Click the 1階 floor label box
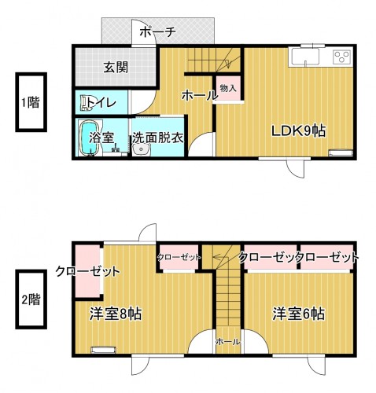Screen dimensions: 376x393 [31, 102]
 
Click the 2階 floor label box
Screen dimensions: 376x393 [31, 299]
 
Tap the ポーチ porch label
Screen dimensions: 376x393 [157, 32]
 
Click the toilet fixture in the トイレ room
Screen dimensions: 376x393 [86, 103]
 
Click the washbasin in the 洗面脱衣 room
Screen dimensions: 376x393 [141, 150]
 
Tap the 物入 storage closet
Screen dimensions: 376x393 [228, 88]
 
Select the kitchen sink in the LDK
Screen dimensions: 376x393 [304, 57]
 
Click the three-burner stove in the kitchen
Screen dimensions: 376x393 [342, 57]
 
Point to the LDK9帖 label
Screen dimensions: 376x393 [298, 130]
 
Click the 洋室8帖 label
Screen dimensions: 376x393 [116, 314]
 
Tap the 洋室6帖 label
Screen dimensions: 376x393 [298, 314]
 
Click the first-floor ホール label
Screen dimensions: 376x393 [200, 96]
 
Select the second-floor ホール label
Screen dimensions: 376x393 [227, 342]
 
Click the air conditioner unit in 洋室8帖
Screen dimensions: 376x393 [103, 350]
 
